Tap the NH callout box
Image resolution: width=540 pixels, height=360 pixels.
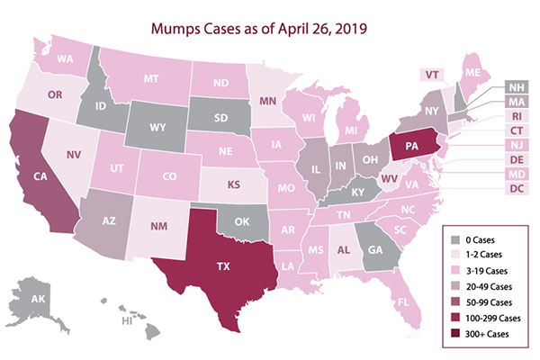pos(513,87)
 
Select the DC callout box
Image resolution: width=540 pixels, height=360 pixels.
pos(513,190)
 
